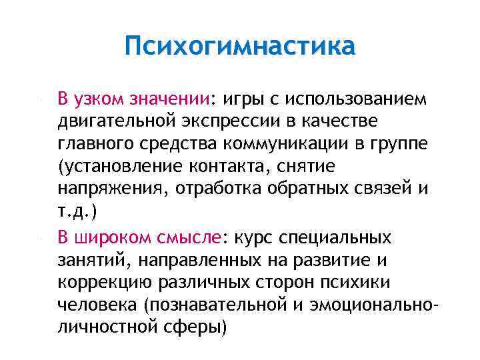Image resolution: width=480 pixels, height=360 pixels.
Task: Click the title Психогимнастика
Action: [240, 48]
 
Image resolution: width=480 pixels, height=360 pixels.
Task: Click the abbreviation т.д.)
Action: [77, 213]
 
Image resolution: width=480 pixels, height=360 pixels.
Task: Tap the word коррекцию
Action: [105, 282]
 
